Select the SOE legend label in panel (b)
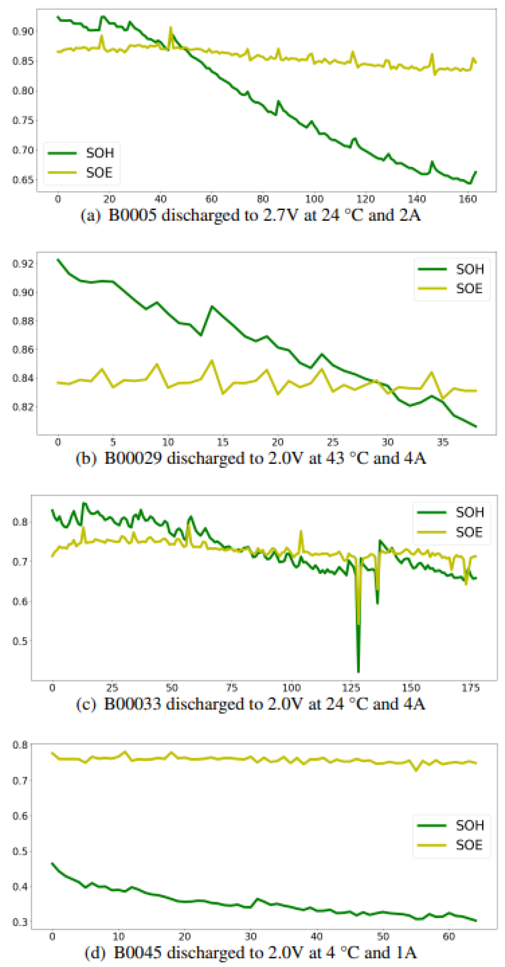click(x=469, y=289)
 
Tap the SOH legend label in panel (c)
click(x=469, y=512)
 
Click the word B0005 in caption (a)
click(x=132, y=216)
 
